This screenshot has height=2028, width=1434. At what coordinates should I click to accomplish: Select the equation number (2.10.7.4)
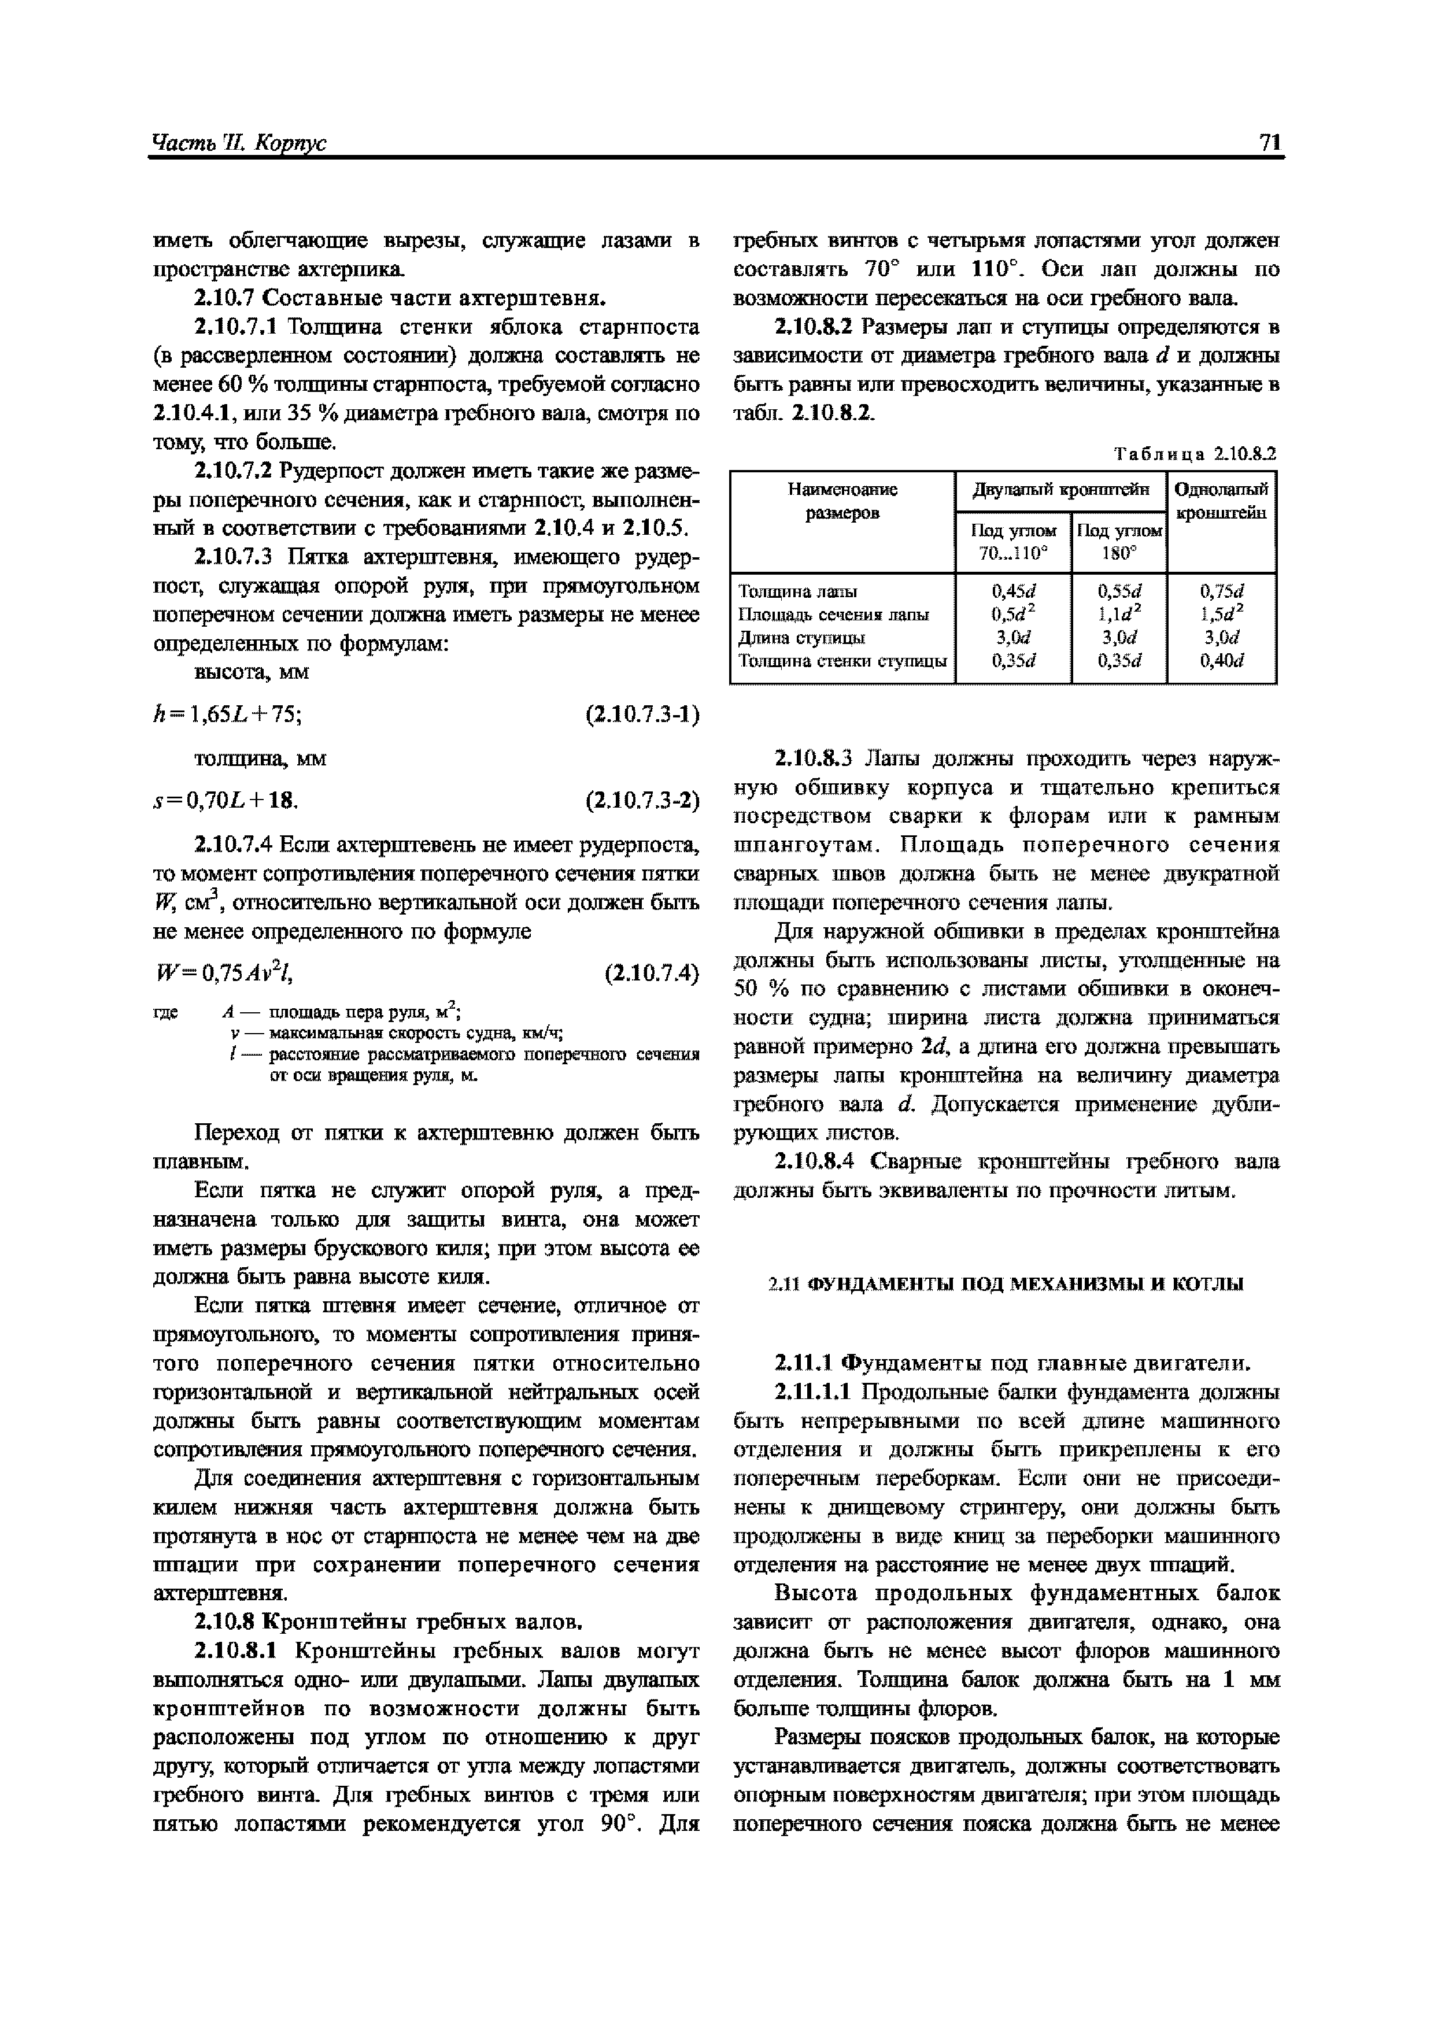pos(651,974)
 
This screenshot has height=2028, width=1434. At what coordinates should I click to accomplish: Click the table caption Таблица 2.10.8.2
pos(1195,455)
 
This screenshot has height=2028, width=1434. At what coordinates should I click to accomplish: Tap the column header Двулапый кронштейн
pos(1060,489)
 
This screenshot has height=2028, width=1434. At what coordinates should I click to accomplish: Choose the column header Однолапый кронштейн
pos(1222,501)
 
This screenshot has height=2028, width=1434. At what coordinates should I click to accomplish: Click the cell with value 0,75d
pos(1221,591)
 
